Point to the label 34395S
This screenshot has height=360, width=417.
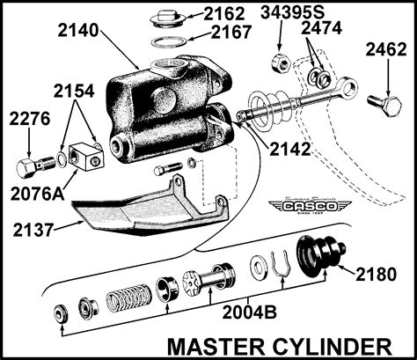(x=290, y=13)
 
